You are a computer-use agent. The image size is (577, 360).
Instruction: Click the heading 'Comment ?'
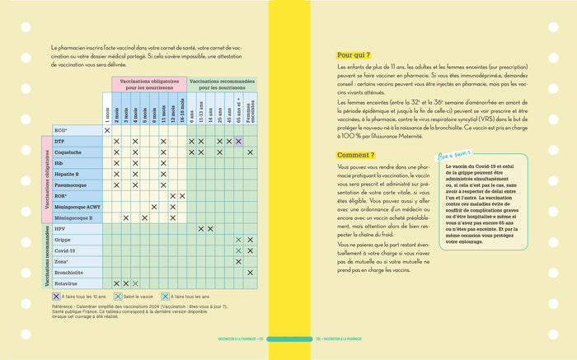pos(356,155)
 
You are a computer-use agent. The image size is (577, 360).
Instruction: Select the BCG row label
pos(60,130)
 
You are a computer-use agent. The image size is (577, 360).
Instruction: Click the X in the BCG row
pos(107,130)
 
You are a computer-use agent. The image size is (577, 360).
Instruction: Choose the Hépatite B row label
pos(66,174)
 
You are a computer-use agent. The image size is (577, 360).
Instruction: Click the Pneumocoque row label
pos(68,185)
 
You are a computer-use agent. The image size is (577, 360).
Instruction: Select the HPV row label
pos(59,228)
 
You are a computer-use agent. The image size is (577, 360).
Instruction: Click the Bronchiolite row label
pos(68,271)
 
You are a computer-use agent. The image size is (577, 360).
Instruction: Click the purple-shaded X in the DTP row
pos(238,142)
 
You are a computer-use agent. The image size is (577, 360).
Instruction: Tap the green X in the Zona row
pos(238,261)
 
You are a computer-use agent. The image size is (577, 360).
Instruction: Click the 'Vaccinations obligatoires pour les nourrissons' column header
pos(149,84)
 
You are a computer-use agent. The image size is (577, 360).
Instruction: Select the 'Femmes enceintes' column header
pos(251,106)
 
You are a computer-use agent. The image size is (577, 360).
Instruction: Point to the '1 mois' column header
pos(107,108)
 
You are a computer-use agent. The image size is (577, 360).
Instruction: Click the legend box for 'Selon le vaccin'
pos(118,296)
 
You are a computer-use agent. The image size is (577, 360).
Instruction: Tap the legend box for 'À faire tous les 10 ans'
pos(56,296)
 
